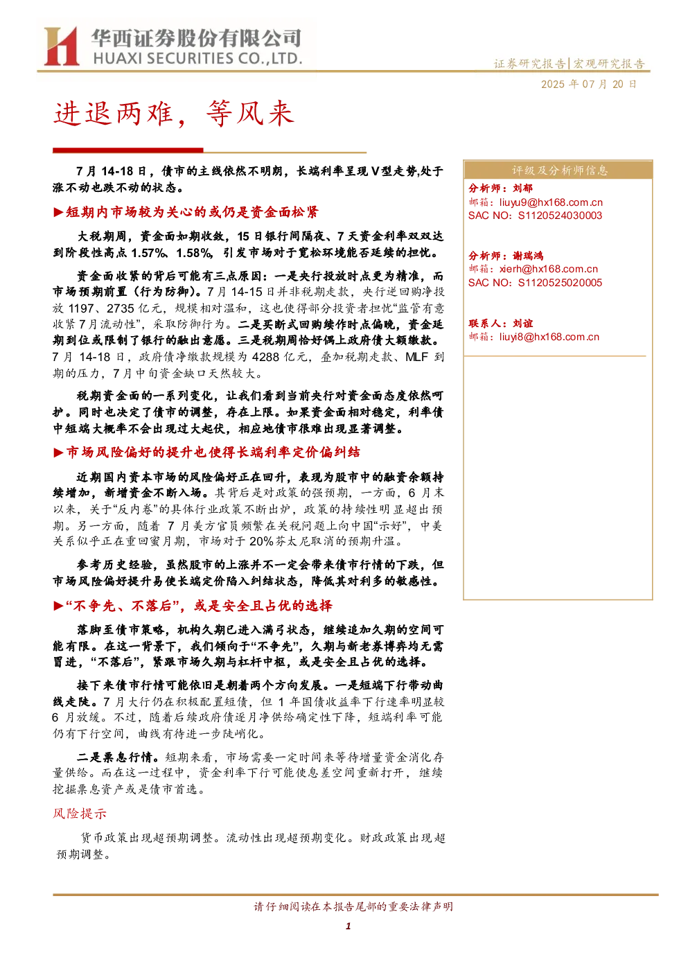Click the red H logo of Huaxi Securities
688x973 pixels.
click(x=62, y=46)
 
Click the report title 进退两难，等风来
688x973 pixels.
click(x=174, y=114)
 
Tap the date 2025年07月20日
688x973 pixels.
click(x=588, y=84)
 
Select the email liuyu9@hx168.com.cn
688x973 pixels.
click(x=551, y=202)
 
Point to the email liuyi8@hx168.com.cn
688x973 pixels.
click(x=549, y=337)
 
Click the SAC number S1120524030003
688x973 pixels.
click(x=560, y=216)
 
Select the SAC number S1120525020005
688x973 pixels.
click(x=560, y=283)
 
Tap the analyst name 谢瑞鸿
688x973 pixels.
click(x=528, y=256)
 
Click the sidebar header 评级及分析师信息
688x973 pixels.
click(x=559, y=170)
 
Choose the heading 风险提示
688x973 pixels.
click(x=80, y=814)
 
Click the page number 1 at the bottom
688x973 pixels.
click(x=348, y=927)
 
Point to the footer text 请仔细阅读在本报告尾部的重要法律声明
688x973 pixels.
click(x=353, y=906)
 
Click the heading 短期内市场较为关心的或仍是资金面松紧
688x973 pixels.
click(x=192, y=212)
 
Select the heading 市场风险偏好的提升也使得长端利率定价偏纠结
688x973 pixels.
click(x=213, y=452)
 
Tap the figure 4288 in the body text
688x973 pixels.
click(x=266, y=357)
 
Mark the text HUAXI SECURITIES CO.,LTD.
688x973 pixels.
click(x=197, y=58)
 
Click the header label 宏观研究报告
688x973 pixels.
click(x=608, y=64)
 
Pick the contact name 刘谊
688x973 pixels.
click(x=522, y=323)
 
